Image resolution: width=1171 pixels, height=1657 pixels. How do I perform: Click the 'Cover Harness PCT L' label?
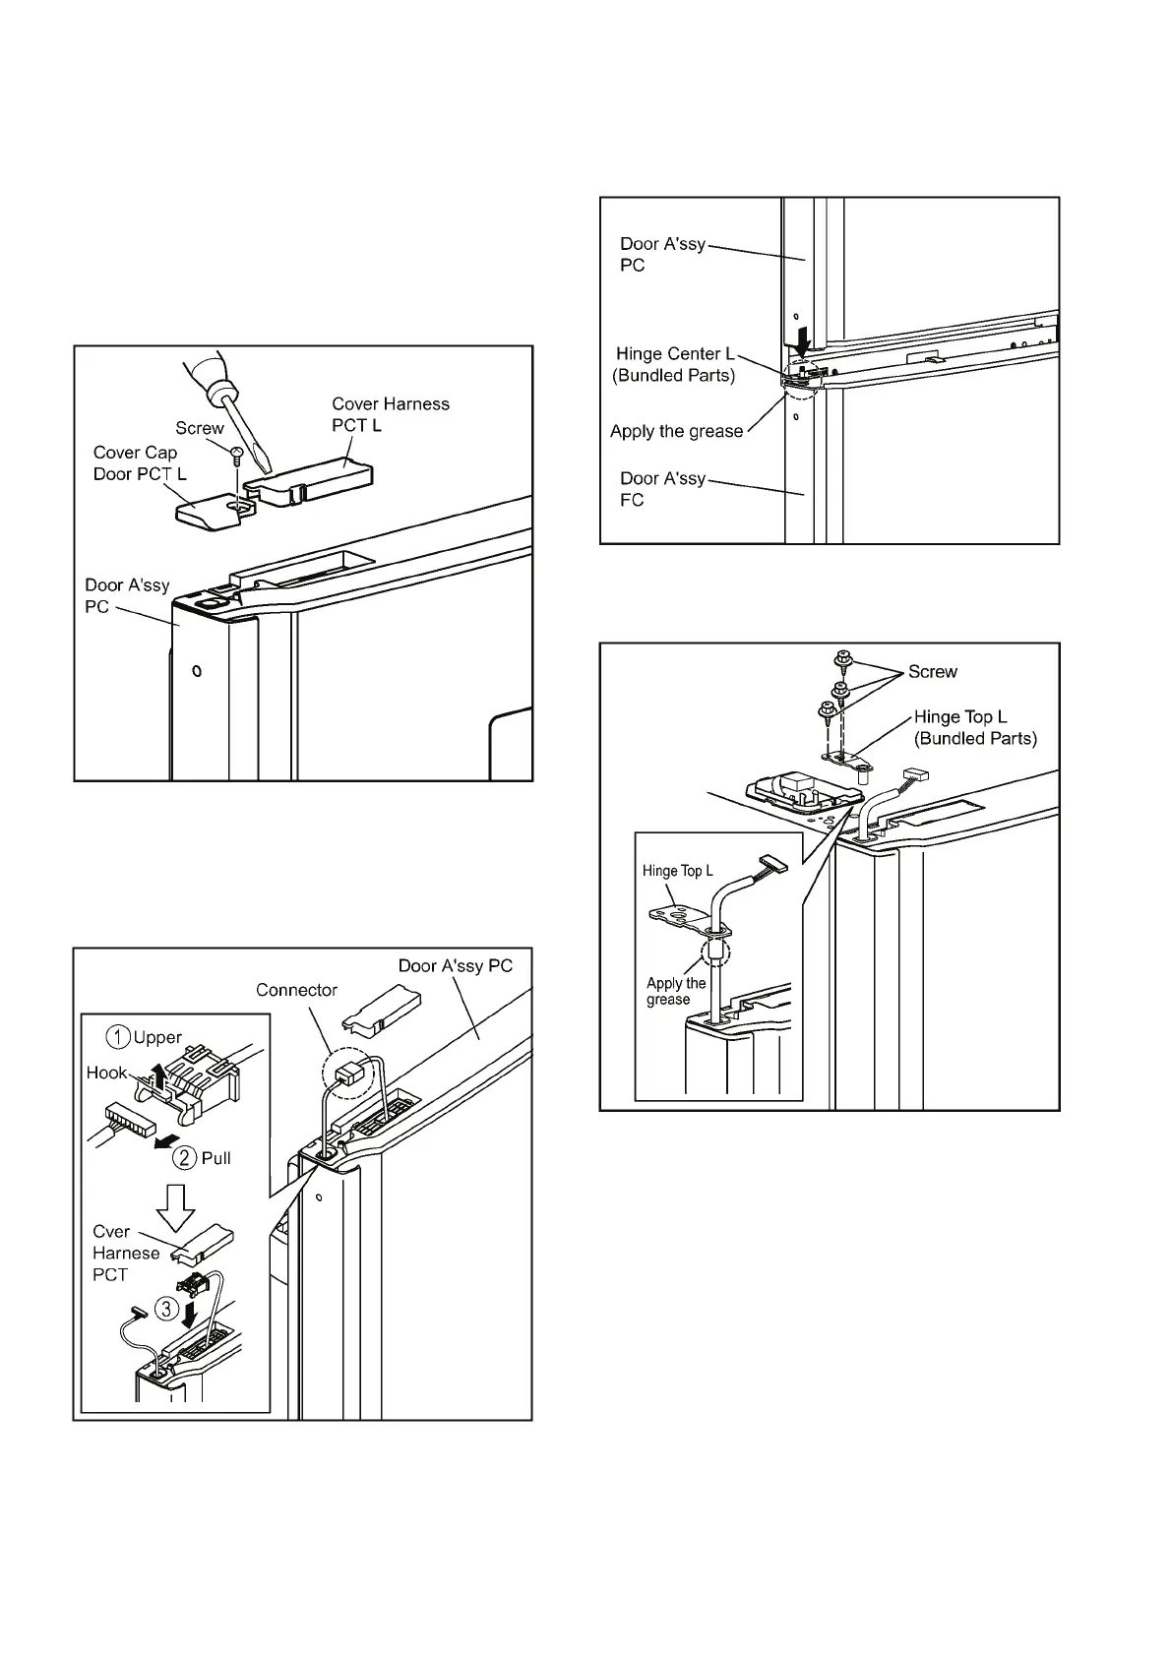[390, 414]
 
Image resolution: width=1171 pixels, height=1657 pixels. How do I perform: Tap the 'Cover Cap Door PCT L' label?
[139, 462]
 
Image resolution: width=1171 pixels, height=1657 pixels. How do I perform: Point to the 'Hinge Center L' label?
[674, 354]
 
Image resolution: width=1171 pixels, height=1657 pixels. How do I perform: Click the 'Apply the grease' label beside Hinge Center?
[676, 431]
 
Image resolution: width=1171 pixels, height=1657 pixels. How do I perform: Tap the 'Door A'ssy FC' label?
[661, 489]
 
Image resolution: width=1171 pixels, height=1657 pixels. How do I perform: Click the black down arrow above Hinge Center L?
[804, 341]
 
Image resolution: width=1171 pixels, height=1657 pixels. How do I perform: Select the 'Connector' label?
[296, 990]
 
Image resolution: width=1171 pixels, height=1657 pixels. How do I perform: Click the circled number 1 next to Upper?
[120, 1037]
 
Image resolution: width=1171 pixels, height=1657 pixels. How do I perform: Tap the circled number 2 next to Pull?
[185, 1157]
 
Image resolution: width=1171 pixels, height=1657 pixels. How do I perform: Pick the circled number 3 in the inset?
[168, 1309]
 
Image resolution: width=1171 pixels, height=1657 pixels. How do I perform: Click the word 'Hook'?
[106, 1073]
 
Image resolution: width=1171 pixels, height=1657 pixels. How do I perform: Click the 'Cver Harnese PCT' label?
[125, 1253]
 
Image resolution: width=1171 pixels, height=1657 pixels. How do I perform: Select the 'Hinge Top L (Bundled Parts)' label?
[974, 727]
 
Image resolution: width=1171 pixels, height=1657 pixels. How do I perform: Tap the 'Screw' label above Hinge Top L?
[932, 671]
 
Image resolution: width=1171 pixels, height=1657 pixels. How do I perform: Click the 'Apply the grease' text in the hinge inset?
[676, 991]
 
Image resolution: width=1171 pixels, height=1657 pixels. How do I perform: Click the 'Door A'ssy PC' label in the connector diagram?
[455, 965]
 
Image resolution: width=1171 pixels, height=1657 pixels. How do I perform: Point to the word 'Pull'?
[216, 1158]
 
